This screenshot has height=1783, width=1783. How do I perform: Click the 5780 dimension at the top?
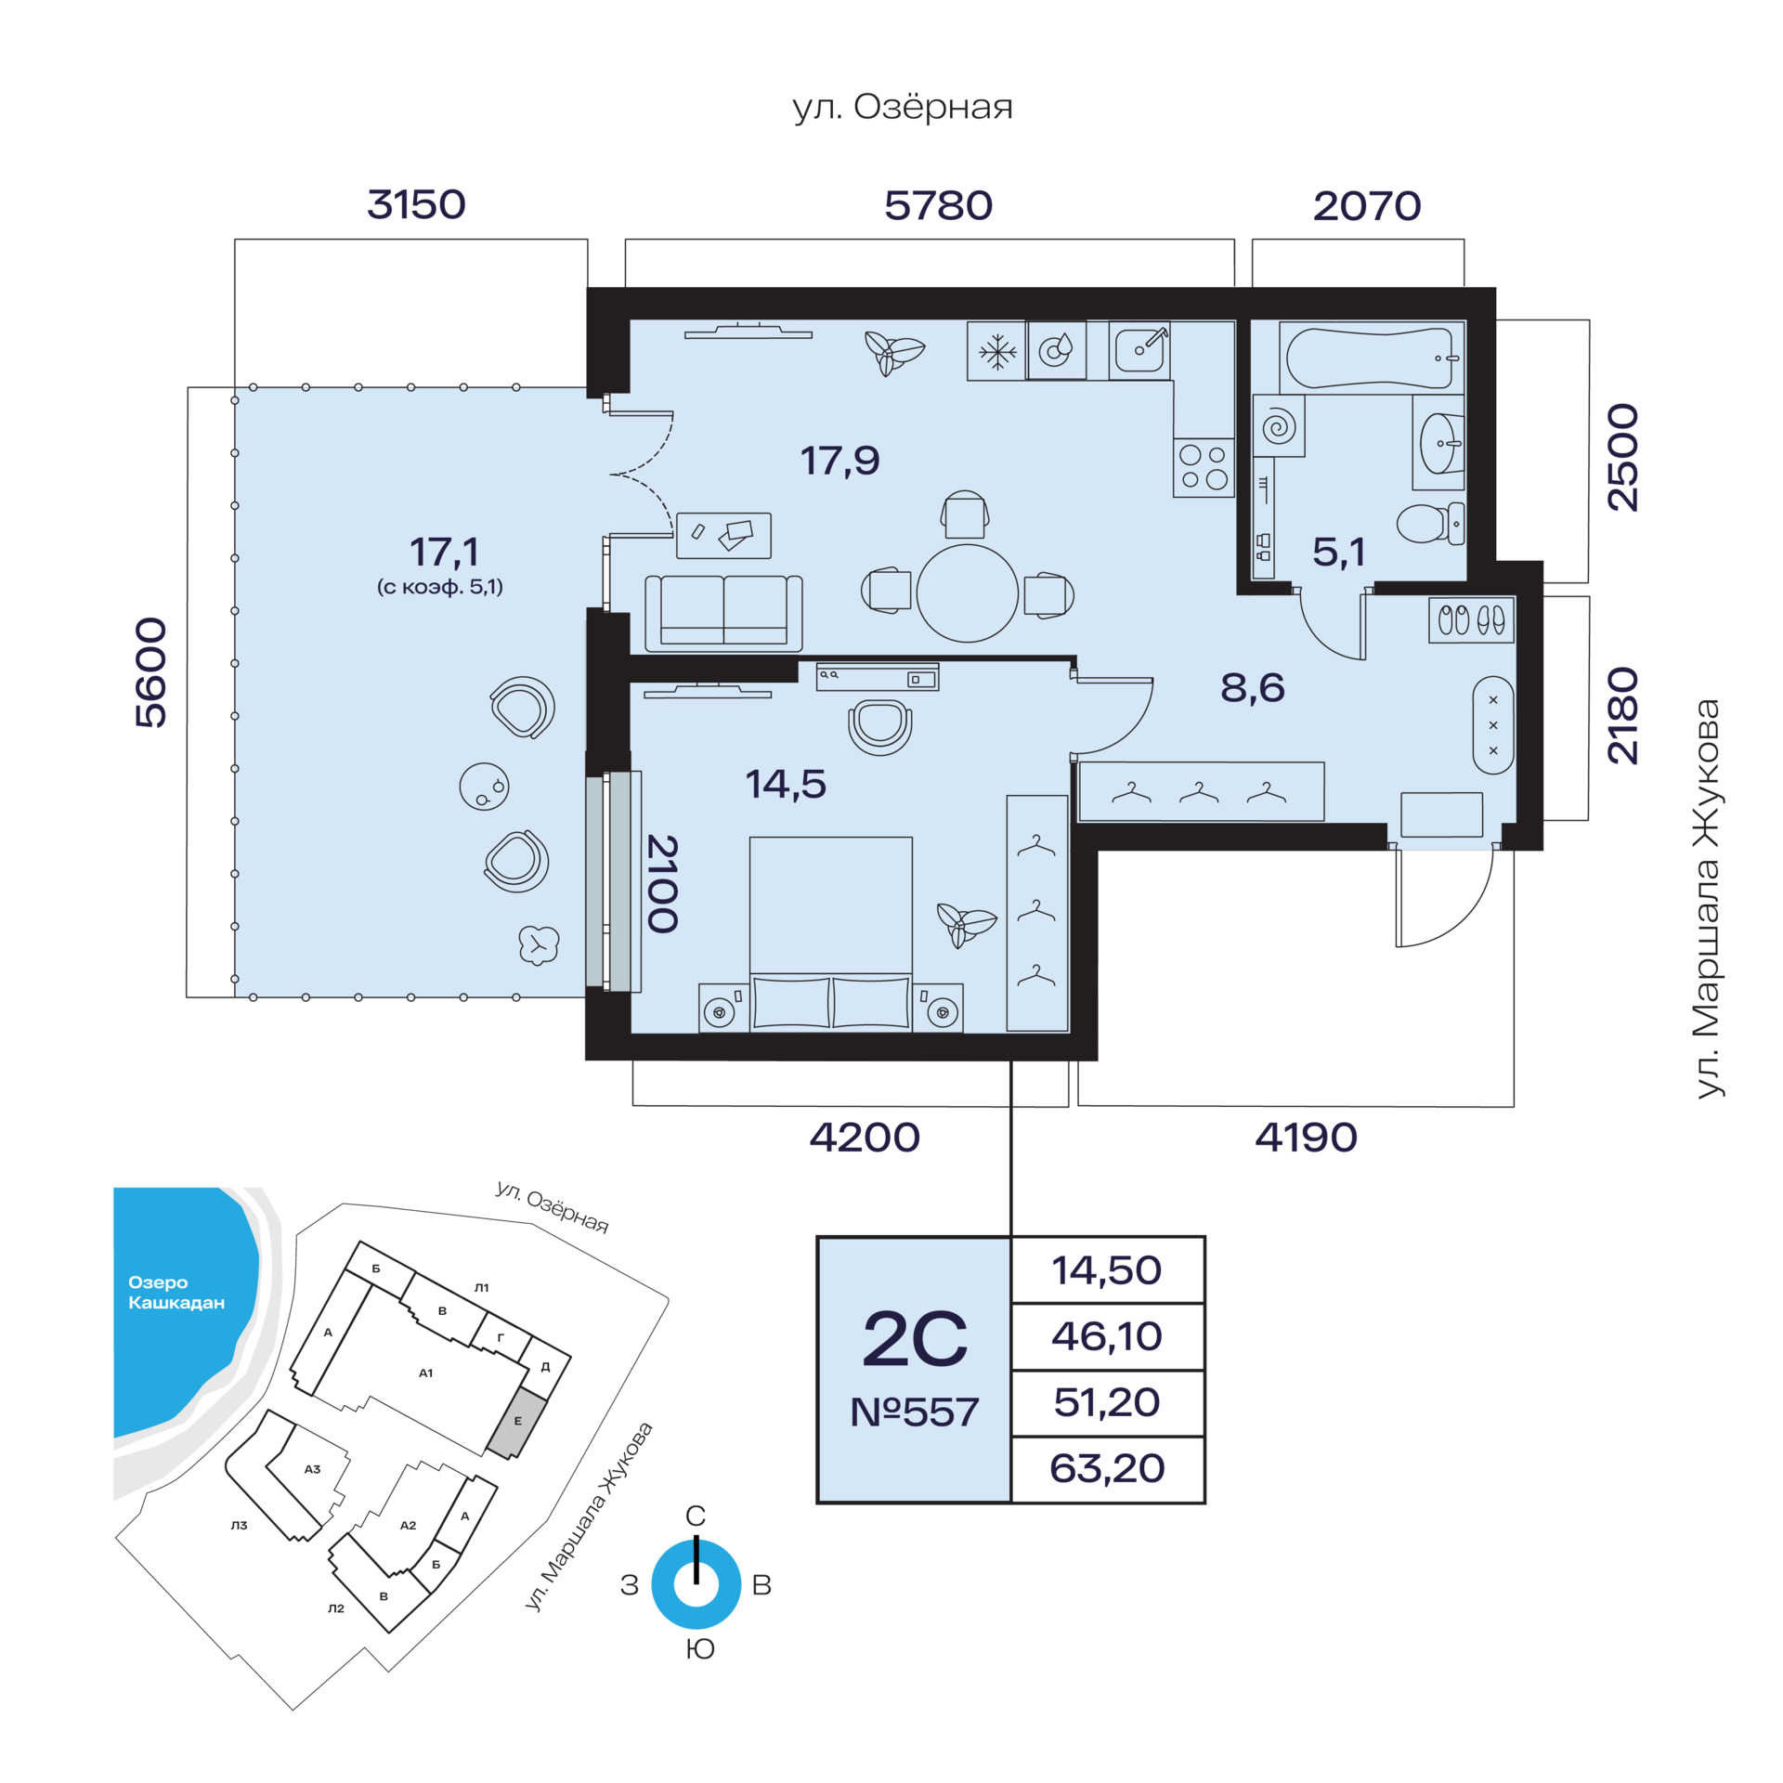click(938, 205)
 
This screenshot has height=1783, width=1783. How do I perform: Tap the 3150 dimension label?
click(416, 204)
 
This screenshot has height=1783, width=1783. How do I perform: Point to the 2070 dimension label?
click(1367, 205)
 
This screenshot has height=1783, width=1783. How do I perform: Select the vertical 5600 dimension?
click(151, 672)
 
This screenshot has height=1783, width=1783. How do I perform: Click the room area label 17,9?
click(840, 460)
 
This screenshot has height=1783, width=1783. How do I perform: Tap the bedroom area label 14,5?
click(786, 784)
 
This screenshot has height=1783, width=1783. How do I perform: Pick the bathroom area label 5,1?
click(1338, 553)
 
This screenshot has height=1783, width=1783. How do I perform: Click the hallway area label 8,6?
click(1253, 687)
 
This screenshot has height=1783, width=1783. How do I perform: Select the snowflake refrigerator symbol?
click(996, 351)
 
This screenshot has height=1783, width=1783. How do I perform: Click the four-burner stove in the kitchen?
click(1204, 467)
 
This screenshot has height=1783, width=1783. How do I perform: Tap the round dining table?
click(968, 592)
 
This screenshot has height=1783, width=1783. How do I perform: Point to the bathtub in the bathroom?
click(1369, 358)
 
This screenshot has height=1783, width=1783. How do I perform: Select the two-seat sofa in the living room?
click(723, 613)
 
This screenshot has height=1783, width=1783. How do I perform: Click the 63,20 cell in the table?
click(1107, 1468)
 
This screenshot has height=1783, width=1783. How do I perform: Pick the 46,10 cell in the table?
click(1107, 1336)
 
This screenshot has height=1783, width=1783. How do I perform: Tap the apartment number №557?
click(915, 1412)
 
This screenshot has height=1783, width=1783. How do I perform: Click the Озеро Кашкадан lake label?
click(176, 1293)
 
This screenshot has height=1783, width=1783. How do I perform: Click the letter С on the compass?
click(696, 1516)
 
